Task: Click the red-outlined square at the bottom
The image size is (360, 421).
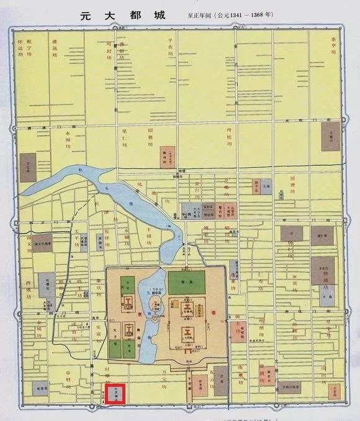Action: pos(115,394)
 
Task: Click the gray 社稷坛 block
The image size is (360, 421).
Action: pos(45,284)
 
